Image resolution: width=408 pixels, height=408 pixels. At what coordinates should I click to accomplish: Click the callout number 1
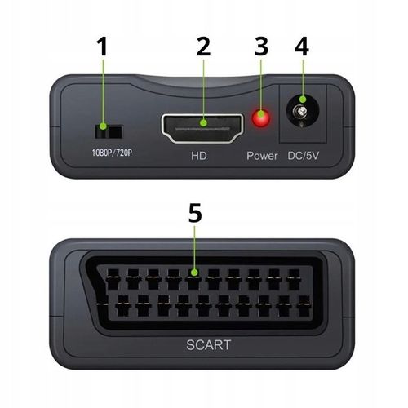click(102, 48)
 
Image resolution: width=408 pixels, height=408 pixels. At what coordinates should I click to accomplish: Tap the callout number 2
click(203, 48)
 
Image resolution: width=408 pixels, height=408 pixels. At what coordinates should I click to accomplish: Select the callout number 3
click(261, 48)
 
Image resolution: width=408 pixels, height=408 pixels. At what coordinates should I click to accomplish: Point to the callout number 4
click(301, 48)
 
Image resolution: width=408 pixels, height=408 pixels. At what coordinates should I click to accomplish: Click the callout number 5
click(194, 214)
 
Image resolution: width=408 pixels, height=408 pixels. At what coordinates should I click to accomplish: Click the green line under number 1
click(102, 94)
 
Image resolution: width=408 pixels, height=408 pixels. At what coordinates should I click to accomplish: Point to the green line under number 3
click(261, 90)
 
